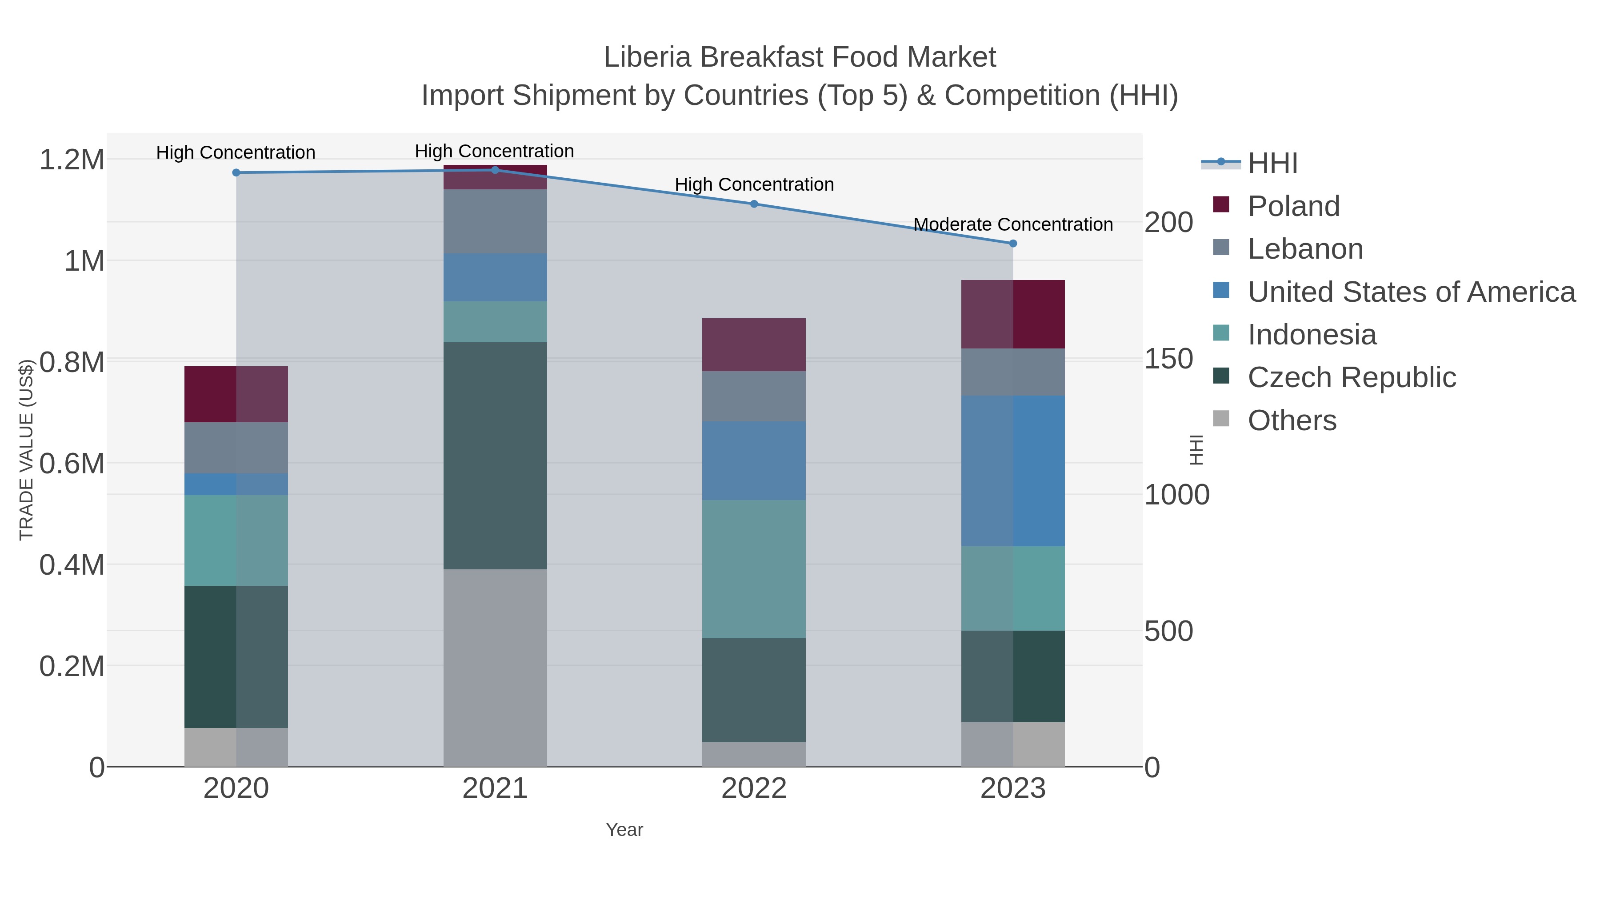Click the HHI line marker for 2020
(x=236, y=173)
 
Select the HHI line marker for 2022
(x=754, y=204)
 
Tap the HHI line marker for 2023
(x=1013, y=244)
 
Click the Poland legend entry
(x=1293, y=206)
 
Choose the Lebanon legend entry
(x=1305, y=249)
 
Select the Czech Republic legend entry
(x=1352, y=378)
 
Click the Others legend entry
(x=1292, y=420)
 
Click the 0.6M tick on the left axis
(x=72, y=464)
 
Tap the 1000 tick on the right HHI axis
(x=1176, y=495)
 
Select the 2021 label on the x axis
(x=495, y=789)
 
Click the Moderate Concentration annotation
(x=1013, y=224)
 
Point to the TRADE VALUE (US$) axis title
(x=26, y=450)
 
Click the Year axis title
(x=624, y=830)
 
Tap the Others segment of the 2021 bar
(x=495, y=668)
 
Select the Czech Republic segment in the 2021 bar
(x=495, y=455)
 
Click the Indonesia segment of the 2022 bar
(x=754, y=569)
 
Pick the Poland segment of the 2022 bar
(x=754, y=345)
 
